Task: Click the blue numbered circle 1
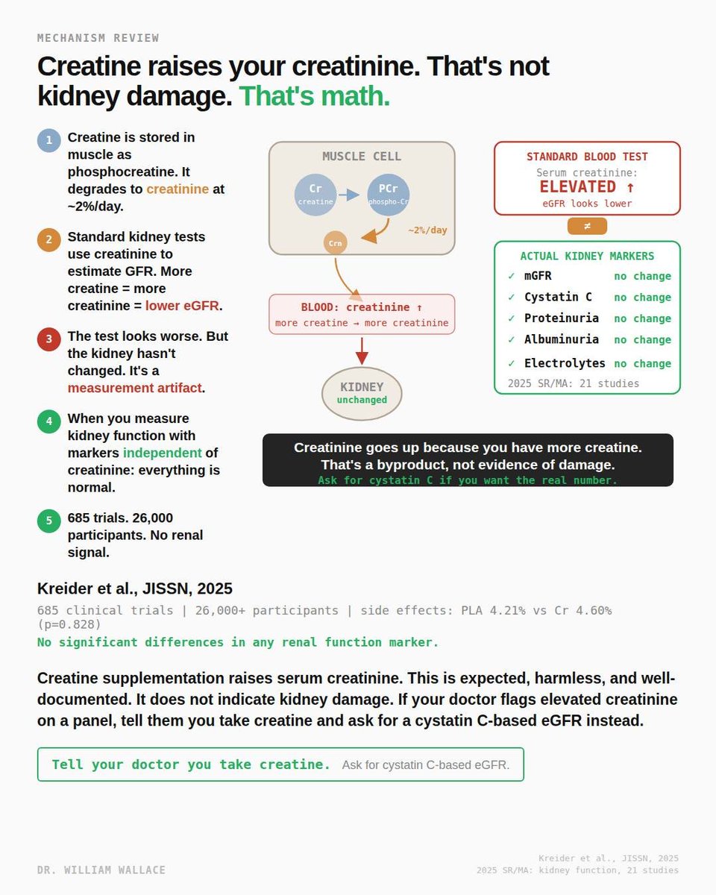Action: (x=48, y=140)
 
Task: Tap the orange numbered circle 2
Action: (x=48, y=239)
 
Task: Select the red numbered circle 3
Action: (x=48, y=339)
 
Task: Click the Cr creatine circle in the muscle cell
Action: (x=315, y=195)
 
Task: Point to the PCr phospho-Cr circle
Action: (x=389, y=195)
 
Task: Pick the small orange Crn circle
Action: (x=335, y=243)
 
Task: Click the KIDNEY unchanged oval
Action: (x=362, y=393)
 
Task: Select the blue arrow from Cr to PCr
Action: (x=349, y=195)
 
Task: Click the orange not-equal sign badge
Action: (x=587, y=226)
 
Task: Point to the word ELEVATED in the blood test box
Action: (x=578, y=186)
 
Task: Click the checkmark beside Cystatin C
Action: (x=511, y=297)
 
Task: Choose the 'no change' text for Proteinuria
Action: (x=642, y=318)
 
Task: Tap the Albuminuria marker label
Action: (x=561, y=339)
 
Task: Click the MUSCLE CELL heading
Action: (x=362, y=157)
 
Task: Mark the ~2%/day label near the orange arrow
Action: (x=427, y=230)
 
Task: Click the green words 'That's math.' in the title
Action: (x=314, y=96)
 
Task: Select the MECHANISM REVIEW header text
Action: (x=98, y=38)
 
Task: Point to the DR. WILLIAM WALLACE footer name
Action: (x=101, y=870)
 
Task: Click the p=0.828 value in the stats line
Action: (x=69, y=624)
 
